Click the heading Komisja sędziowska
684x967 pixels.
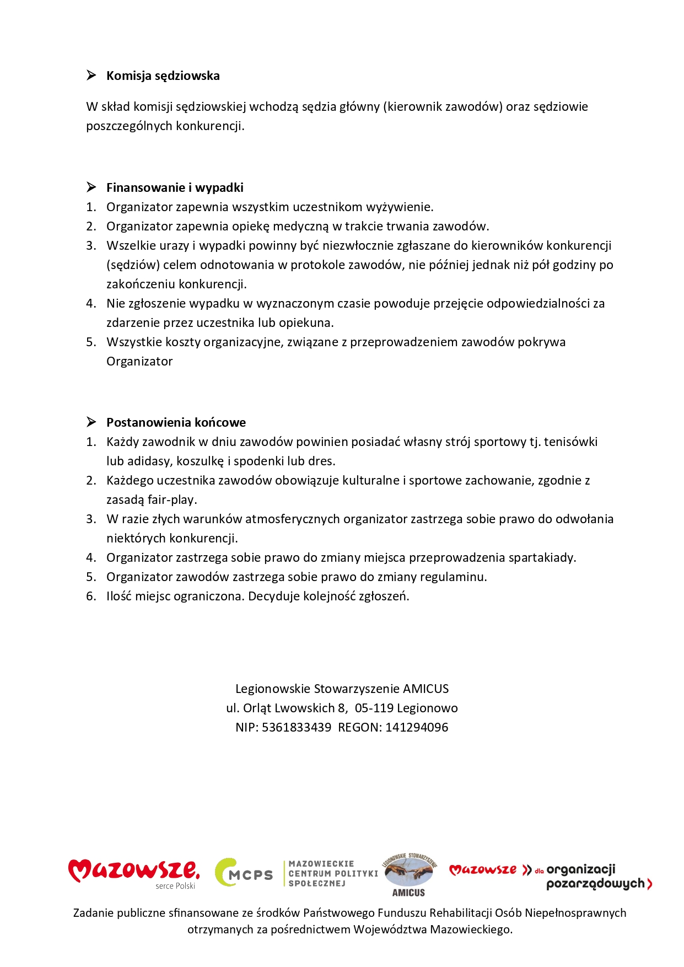point(163,76)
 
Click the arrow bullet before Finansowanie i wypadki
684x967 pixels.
point(91,187)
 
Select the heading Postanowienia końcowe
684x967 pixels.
point(176,423)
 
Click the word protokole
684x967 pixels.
point(319,265)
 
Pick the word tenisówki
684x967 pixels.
point(570,442)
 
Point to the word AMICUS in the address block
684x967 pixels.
point(426,689)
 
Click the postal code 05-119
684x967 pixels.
point(374,708)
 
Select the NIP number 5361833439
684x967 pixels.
point(297,728)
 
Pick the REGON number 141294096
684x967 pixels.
point(417,728)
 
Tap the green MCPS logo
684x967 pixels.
point(244,873)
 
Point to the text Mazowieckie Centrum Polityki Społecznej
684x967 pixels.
point(333,874)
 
